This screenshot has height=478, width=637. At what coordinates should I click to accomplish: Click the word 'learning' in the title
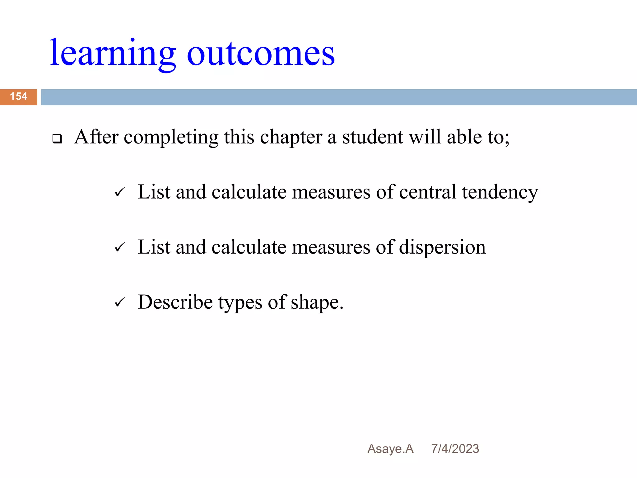113,54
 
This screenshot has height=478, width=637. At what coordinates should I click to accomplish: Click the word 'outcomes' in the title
261,54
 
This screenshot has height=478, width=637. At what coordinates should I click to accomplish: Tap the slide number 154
19,96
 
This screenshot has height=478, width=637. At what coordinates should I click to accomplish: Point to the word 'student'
372,137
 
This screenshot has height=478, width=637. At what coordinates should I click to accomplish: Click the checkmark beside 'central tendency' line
119,192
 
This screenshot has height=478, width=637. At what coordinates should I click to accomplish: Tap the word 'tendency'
500,192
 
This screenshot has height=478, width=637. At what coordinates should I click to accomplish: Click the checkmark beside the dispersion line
119,247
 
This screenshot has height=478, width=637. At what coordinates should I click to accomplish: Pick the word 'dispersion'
442,247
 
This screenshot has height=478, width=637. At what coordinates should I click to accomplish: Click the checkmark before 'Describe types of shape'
119,302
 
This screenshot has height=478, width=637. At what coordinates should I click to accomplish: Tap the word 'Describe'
175,302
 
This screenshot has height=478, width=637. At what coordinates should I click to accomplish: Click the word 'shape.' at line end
317,302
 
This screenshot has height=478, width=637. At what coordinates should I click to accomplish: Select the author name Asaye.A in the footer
390,449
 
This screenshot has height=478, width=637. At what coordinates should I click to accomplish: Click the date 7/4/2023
455,449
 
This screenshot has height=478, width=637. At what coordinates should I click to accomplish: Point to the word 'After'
96,137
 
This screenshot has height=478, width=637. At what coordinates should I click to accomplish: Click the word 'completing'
171,138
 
